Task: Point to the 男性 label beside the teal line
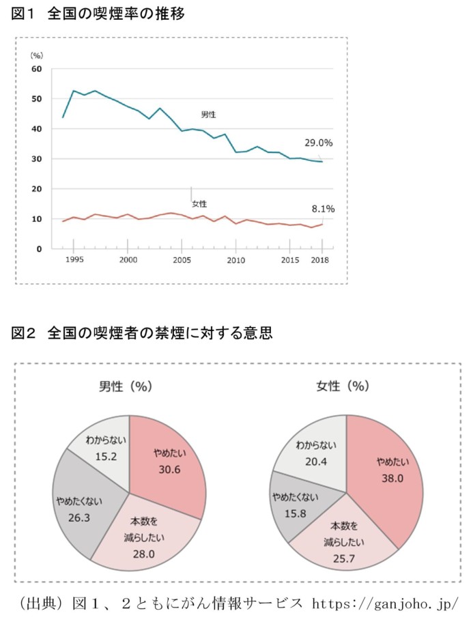[x=208, y=114]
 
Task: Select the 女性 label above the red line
[x=199, y=203]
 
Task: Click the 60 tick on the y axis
[x=37, y=69]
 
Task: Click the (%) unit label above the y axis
[x=36, y=55]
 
